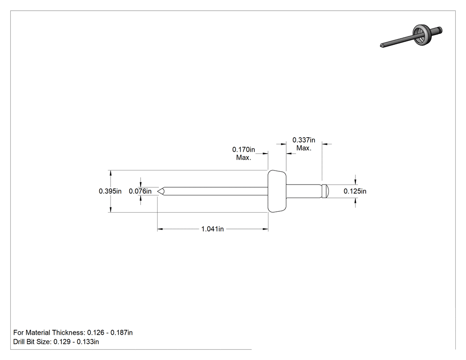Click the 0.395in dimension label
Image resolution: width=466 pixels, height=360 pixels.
pyautogui.click(x=110, y=191)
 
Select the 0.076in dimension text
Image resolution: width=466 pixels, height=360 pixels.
pyautogui.click(x=140, y=191)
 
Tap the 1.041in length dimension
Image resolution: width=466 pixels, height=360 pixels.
pyautogui.click(x=213, y=229)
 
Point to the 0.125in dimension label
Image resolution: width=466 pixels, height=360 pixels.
pyautogui.click(x=355, y=191)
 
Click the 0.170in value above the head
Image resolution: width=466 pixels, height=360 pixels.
pyautogui.click(x=244, y=150)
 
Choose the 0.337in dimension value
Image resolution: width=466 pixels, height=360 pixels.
pyautogui.click(x=304, y=140)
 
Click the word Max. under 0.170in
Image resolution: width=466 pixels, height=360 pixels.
pyautogui.click(x=244, y=158)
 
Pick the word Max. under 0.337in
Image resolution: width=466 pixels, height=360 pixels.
pyautogui.click(x=304, y=148)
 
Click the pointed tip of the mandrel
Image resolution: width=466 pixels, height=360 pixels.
pyautogui.click(x=158, y=191)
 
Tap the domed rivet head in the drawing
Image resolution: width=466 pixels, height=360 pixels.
pyautogui.click(x=277, y=191)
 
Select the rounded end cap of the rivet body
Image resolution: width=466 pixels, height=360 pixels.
pyautogui.click(x=325, y=191)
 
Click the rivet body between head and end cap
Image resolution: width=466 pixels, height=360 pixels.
pyautogui.click(x=304, y=191)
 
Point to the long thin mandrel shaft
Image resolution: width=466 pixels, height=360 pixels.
pyautogui.click(x=215, y=191)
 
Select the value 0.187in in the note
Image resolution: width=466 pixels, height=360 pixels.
pyautogui.click(x=122, y=332)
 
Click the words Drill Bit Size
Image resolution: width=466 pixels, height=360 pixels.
pyautogui.click(x=32, y=342)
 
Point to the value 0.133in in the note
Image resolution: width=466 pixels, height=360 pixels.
pyautogui.click(x=88, y=342)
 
